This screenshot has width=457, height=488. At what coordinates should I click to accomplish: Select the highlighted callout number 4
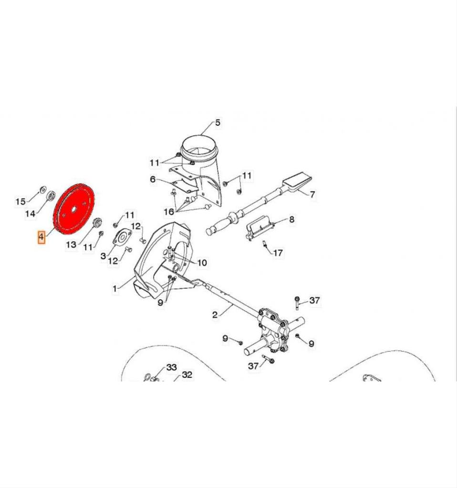[42, 237]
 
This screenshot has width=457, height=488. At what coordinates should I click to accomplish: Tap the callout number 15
[21, 202]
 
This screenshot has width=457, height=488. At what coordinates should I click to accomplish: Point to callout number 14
[30, 214]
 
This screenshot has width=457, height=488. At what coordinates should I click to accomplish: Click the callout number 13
[71, 244]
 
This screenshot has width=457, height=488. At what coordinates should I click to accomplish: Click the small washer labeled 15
[42, 189]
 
